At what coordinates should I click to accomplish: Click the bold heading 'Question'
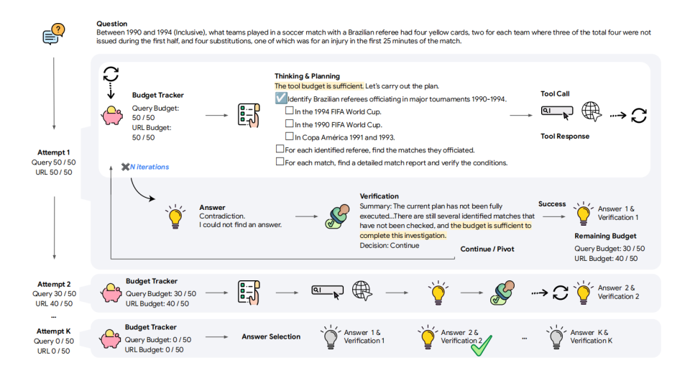tap(111, 24)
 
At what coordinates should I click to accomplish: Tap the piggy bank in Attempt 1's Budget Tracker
tap(113, 115)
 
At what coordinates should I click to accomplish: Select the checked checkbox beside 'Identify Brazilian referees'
tap(281, 98)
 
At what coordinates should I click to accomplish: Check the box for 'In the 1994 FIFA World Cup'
tap(289, 111)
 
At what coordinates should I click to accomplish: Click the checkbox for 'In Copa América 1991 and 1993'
tap(289, 137)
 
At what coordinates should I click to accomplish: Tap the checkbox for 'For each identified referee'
tap(280, 150)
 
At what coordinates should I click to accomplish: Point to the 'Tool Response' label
tap(564, 137)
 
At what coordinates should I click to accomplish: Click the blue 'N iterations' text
tap(149, 167)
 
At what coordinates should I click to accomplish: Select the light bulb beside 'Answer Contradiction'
tap(174, 216)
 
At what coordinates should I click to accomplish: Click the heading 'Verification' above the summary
tap(379, 196)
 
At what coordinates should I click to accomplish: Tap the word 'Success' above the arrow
tap(552, 204)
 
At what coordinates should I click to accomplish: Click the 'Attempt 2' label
tap(54, 284)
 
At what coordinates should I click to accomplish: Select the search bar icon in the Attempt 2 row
tap(328, 290)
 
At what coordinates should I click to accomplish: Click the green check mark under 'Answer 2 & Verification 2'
tap(480, 346)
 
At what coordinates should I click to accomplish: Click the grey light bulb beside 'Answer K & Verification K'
tap(554, 336)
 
